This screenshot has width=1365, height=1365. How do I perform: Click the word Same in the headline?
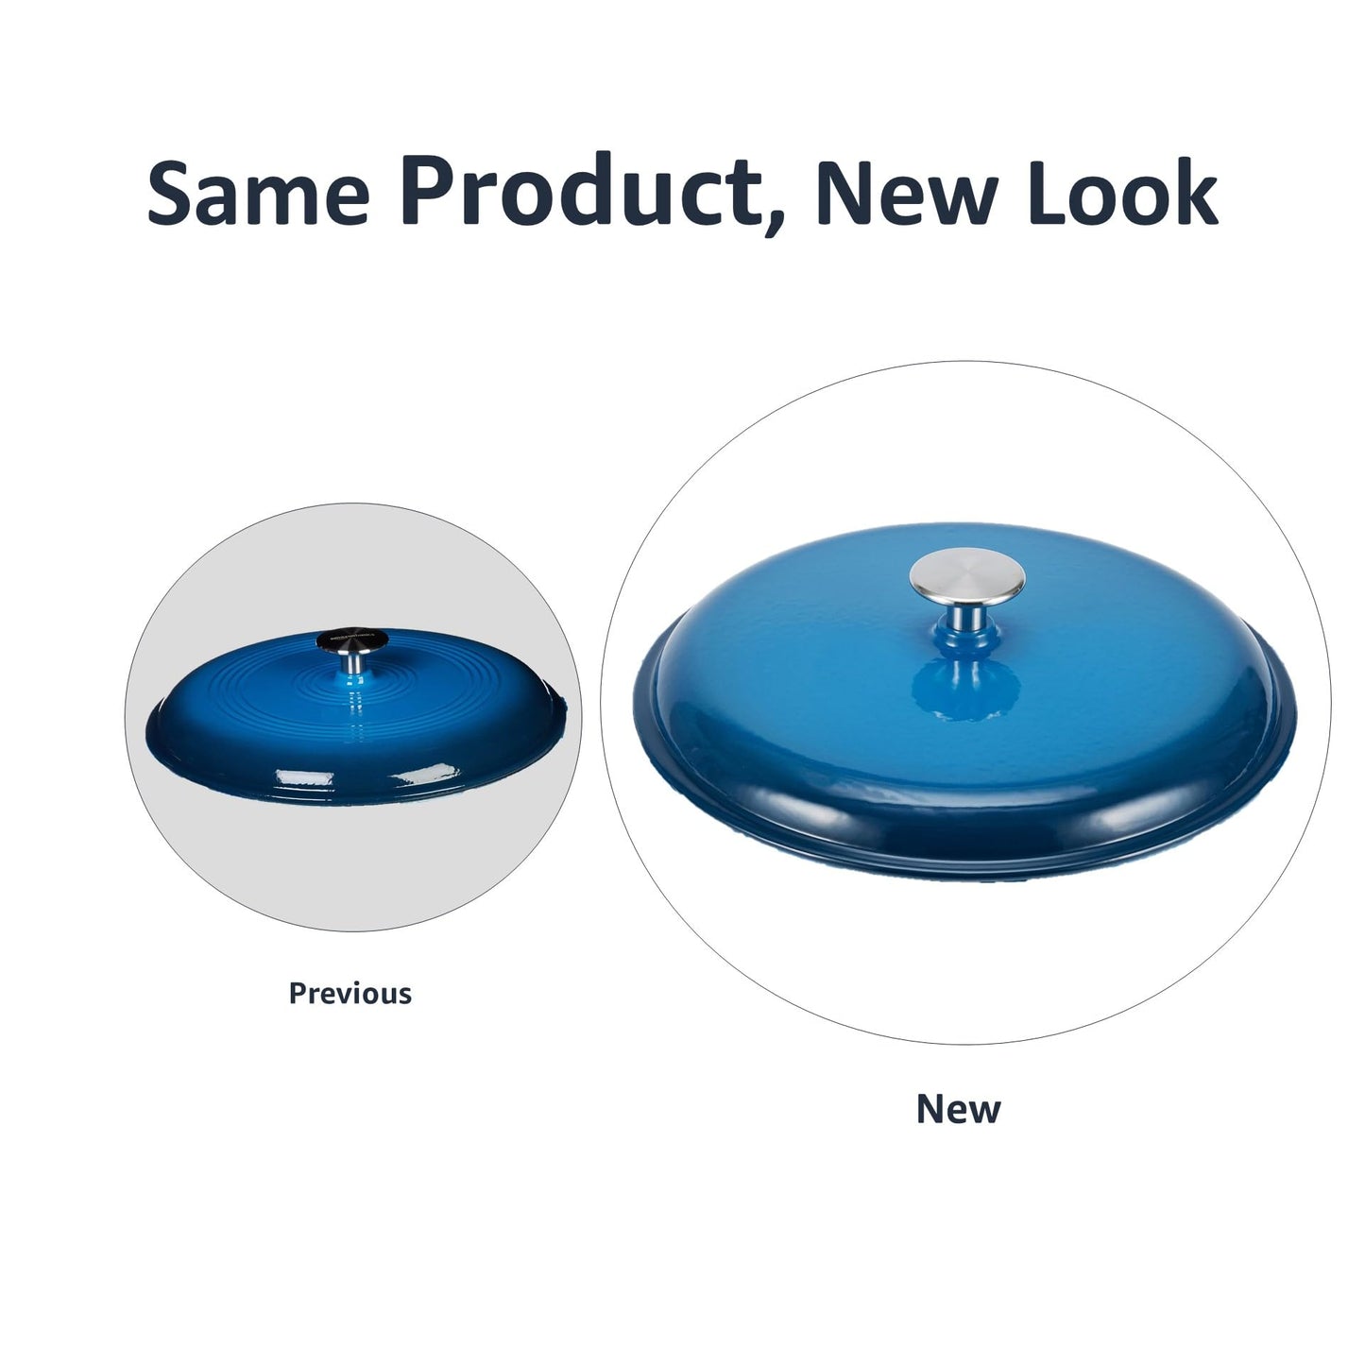(259, 193)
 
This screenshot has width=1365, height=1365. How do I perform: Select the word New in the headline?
(908, 193)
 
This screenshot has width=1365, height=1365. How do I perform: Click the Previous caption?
(350, 994)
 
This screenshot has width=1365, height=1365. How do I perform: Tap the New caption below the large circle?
(959, 1109)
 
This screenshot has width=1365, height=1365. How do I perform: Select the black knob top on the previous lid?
(352, 640)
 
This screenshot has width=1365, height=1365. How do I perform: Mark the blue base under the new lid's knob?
(967, 639)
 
